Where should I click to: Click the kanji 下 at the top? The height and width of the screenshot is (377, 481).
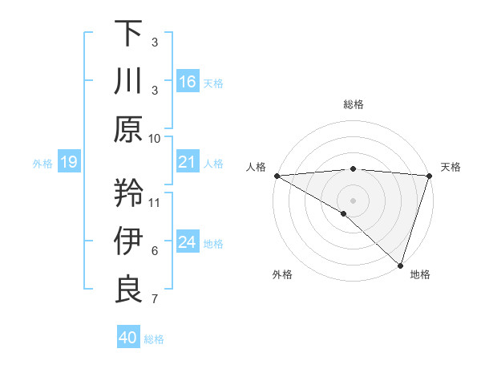(128, 33)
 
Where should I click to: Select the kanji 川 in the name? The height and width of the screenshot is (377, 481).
(128, 81)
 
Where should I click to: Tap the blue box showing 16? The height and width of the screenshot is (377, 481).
(188, 82)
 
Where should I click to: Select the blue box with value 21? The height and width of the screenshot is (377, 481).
(188, 163)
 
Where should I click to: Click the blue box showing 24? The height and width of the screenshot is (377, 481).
(188, 242)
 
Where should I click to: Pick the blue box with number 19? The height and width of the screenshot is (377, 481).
(69, 163)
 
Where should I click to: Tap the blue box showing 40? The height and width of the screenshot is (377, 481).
(128, 338)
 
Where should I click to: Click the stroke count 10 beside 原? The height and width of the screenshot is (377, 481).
(155, 138)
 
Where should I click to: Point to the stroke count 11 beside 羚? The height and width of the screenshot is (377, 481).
(155, 201)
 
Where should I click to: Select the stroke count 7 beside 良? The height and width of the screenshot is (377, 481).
(155, 299)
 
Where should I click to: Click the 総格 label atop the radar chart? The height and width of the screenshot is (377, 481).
(353, 104)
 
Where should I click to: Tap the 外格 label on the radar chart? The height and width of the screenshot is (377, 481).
(282, 274)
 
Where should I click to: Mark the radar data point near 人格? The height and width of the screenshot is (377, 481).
(277, 175)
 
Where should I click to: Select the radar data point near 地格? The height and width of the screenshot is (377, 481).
(400, 264)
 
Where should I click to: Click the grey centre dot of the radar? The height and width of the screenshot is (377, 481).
(353, 199)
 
